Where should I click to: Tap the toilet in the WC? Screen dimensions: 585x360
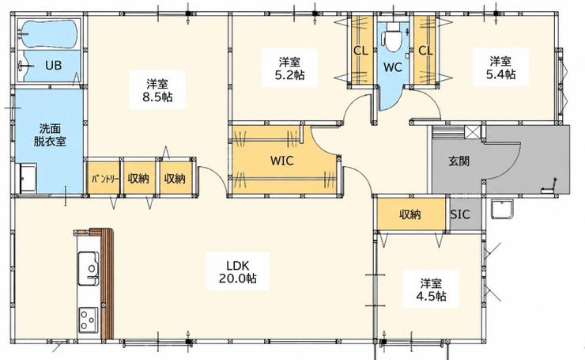point(392,37)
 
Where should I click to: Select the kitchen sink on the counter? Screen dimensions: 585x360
point(88,268)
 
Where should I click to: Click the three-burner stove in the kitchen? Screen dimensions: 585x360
point(88,320)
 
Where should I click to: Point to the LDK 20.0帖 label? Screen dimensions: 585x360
point(238,271)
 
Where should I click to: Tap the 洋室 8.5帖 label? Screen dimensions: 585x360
point(157,90)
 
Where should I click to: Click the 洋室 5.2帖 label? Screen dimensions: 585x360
point(289,68)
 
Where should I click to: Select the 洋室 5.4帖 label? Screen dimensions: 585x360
point(500,67)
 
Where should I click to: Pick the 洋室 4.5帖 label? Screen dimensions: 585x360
point(431,290)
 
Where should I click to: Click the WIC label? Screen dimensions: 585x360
point(281,161)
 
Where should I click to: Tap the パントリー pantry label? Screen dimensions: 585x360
point(105,179)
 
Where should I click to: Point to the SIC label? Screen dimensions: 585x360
point(460,214)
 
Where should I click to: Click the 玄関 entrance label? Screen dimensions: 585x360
point(459,161)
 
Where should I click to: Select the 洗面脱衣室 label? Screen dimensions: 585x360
point(50,135)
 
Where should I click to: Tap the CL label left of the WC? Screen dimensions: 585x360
point(360,51)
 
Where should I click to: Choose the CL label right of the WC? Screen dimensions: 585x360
point(425,51)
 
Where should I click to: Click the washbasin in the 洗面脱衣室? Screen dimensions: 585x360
point(28,178)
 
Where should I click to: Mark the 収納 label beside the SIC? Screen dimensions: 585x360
point(410,214)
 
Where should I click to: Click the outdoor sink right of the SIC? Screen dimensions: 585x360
point(502,210)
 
